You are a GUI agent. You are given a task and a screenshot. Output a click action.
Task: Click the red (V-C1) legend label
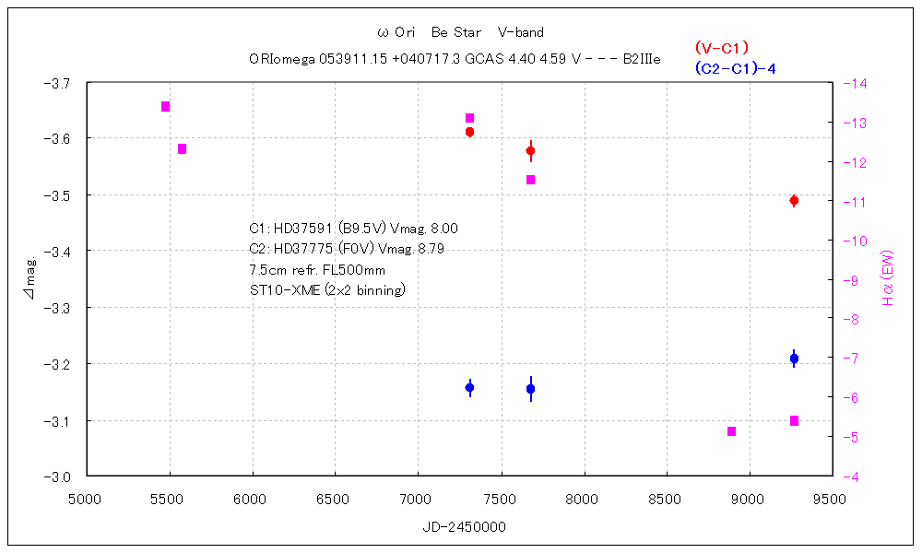(721, 48)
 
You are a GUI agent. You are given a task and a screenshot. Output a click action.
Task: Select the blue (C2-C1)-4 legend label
(735, 67)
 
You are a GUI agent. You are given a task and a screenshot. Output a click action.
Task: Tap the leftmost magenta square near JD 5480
(166, 107)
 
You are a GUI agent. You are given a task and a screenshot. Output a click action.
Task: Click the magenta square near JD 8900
(732, 431)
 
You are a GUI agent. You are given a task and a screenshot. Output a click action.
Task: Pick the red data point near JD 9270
(794, 201)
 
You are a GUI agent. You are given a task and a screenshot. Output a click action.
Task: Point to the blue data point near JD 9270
(794, 359)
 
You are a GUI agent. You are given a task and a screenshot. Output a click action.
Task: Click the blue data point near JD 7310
(469, 388)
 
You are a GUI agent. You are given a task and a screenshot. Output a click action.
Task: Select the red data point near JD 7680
(530, 150)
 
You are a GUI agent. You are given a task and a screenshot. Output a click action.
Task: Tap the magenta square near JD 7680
(530, 180)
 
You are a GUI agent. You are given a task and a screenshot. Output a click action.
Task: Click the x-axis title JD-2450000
(459, 527)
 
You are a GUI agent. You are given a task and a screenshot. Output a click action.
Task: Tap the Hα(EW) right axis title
(888, 278)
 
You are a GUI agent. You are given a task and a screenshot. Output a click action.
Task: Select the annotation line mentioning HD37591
(353, 228)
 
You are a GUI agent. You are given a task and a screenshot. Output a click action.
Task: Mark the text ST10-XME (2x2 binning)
(327, 290)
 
